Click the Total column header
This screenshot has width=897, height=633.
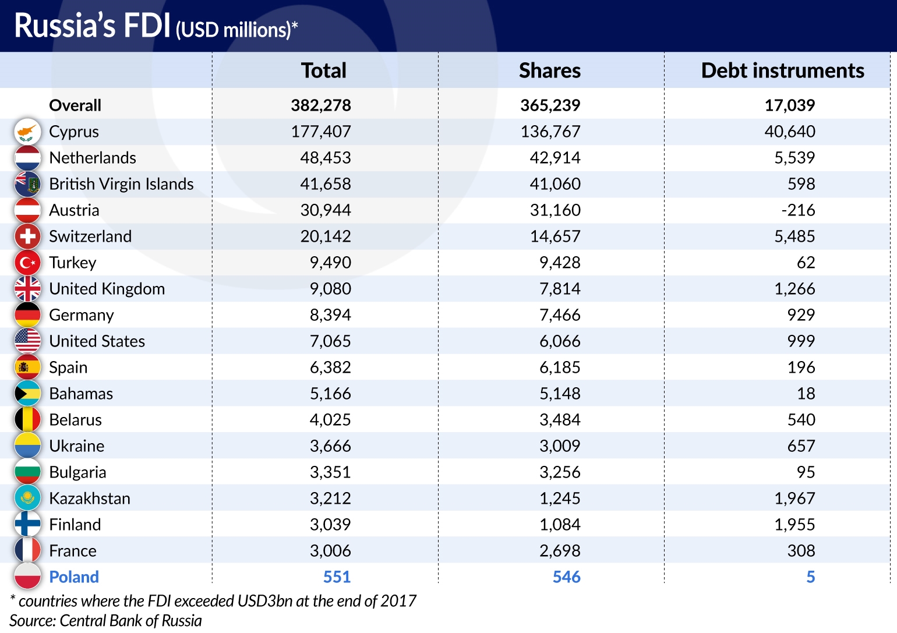click(x=323, y=70)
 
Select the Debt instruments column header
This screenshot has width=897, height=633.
click(x=782, y=70)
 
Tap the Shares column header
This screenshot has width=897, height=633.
click(x=549, y=70)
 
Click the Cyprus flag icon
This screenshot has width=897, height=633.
click(x=27, y=132)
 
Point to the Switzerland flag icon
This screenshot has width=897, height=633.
click(x=27, y=236)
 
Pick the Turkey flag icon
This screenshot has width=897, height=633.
click(x=27, y=263)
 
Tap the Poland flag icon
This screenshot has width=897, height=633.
click(x=27, y=577)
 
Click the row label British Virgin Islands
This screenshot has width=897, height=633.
click(x=121, y=184)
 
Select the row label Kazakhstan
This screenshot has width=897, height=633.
click(x=90, y=498)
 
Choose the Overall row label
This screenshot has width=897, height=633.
click(x=75, y=105)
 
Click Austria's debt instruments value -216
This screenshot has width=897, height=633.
click(x=798, y=210)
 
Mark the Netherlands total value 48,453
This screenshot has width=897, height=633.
click(x=325, y=158)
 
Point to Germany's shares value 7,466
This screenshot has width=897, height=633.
click(x=559, y=315)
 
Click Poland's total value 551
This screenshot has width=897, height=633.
click(x=337, y=577)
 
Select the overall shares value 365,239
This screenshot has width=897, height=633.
click(x=550, y=105)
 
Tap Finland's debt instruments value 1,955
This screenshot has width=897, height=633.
click(x=794, y=525)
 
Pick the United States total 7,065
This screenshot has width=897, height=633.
click(x=330, y=341)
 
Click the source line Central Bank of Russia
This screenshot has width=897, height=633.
click(x=105, y=621)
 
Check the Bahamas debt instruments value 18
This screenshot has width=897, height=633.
click(x=806, y=394)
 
